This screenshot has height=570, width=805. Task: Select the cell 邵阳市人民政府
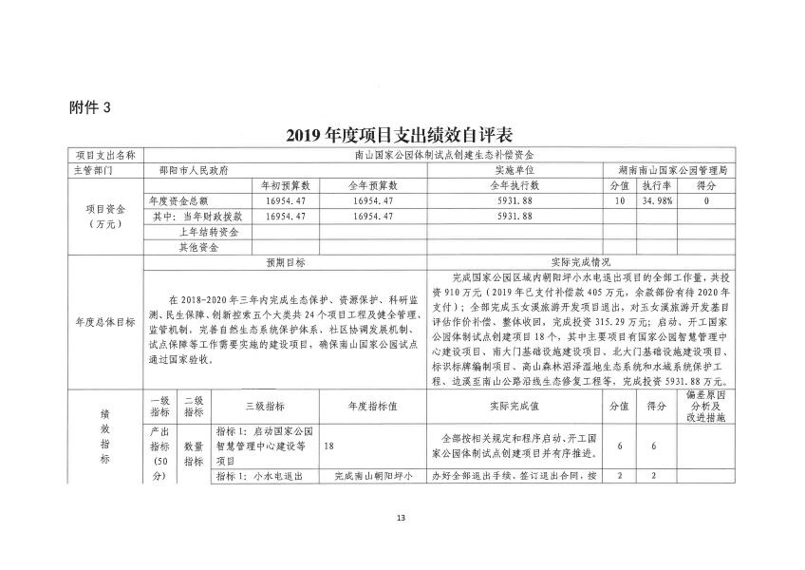tap(194, 170)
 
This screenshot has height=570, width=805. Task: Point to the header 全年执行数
tap(514, 185)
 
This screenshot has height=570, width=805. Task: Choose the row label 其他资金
tap(200, 247)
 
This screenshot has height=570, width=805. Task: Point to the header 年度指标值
tap(371, 405)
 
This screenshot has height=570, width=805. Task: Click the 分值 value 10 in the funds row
tap(619, 201)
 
